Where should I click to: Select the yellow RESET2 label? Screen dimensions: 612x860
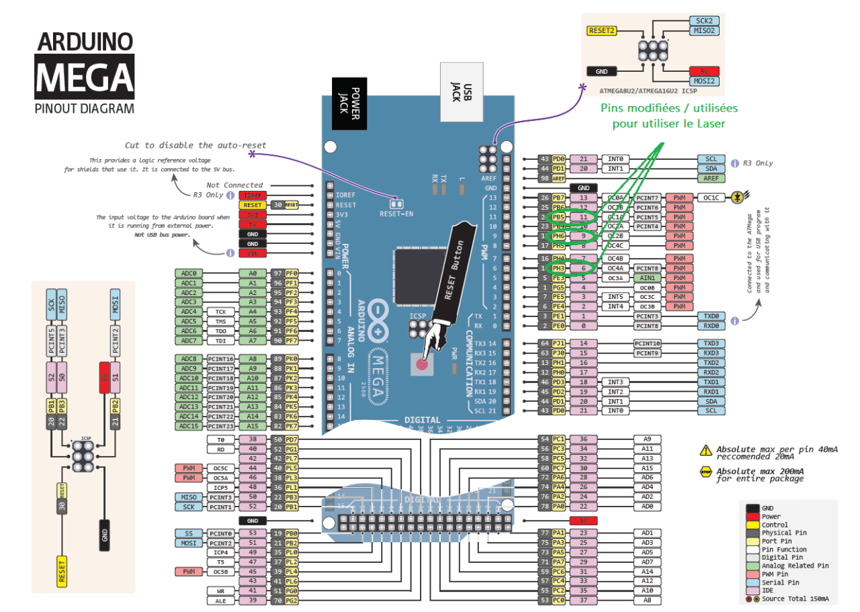tap(602, 31)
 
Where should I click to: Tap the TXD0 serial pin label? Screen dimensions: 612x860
tap(712, 316)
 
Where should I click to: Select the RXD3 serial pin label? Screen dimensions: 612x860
tap(712, 353)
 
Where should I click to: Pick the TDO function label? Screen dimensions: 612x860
tap(221, 331)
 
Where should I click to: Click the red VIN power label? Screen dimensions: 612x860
tap(253, 253)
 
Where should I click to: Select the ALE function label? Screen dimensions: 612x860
tap(221, 601)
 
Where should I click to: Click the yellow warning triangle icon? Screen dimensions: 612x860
tap(705, 450)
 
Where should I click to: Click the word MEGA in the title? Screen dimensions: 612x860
tap(85, 75)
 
